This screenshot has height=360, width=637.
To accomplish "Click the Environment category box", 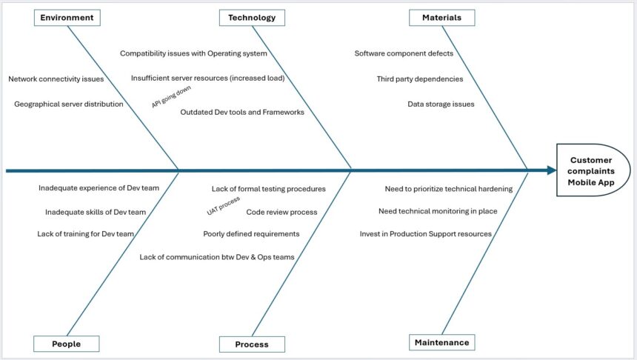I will pos(67,18).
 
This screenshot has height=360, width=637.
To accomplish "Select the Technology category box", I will pos(252,18).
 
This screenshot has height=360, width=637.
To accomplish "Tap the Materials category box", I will pos(441,17).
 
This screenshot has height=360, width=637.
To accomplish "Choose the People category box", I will pos(67,344).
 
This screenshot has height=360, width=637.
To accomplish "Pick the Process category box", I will pos(252,344).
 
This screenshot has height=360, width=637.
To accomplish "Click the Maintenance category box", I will pos(441,342).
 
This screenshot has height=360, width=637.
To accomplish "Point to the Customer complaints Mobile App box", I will pos(592,170).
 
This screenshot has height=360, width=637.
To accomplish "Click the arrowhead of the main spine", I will pos(552,170).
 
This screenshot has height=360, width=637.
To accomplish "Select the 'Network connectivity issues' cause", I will pos(56,79).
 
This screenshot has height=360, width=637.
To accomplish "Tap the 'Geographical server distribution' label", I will pos(69,104).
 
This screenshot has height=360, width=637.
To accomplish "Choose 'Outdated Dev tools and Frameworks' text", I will pos(242,113).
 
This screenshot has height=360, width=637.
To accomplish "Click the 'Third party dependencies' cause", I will pos(420,79).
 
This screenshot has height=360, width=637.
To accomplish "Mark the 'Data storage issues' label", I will pos(441,104).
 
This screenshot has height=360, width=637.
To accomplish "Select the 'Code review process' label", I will pos(281,212).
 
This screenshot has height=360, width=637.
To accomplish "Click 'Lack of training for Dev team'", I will pos(86,234).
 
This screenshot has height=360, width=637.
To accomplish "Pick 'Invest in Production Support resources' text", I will pos(426,234).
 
